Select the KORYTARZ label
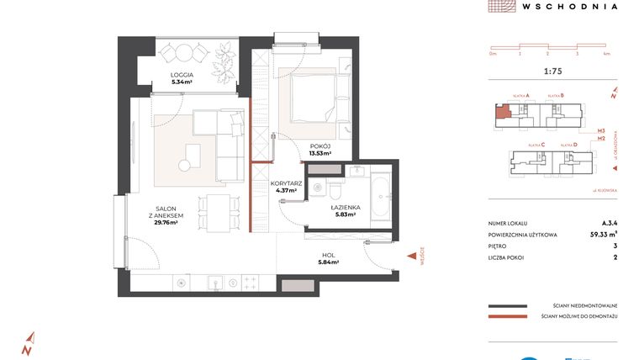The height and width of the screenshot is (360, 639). point(287,186)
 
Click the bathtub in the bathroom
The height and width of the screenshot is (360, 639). point(379,199)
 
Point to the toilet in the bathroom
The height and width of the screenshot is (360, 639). point(334,187)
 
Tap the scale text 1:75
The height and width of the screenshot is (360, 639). point(553,73)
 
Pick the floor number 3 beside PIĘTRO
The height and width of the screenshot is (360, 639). point(615,246)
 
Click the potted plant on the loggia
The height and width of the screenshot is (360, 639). point(224,61)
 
